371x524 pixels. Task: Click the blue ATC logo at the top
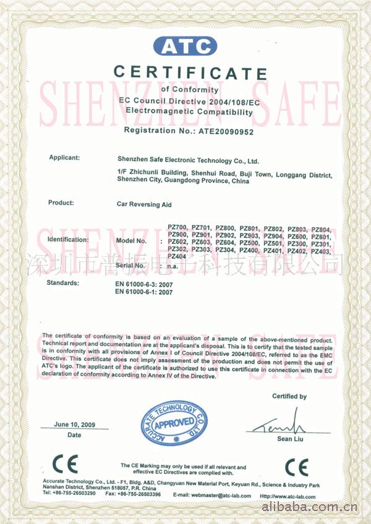(185, 46)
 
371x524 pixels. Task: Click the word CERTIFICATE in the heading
(190, 73)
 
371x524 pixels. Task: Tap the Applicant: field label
(64, 158)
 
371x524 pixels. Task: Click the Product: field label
(61, 203)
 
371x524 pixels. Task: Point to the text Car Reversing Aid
(144, 203)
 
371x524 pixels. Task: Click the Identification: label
(68, 239)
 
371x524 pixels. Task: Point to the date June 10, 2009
(74, 425)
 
